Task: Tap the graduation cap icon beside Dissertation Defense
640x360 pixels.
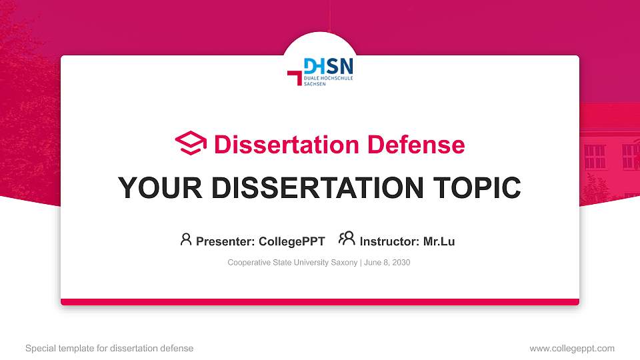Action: tap(191, 143)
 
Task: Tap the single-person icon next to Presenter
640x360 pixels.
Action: tap(186, 239)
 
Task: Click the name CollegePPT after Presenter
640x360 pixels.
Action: tap(292, 241)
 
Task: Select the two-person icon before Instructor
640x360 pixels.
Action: tap(347, 239)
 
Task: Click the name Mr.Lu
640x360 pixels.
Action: tap(439, 241)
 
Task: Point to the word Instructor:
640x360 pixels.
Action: tap(389, 241)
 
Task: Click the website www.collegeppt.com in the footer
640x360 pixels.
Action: tap(572, 348)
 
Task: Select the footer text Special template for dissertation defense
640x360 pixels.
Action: tap(109, 348)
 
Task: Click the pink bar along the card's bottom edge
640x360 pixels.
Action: tap(320, 302)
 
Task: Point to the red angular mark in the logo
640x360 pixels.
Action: tap(295, 77)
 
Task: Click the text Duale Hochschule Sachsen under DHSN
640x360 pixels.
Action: tap(327, 81)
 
